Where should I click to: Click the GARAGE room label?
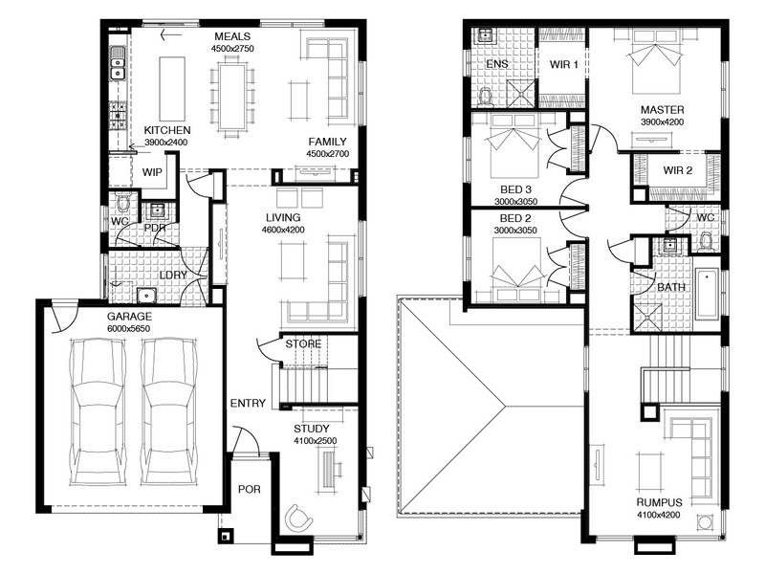[129, 317]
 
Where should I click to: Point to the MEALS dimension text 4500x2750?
[232, 49]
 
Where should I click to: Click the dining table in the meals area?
[232, 94]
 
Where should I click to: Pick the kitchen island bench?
[172, 88]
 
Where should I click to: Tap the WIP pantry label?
[152, 172]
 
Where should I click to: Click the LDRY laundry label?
[173, 276]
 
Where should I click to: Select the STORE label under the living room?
[303, 344]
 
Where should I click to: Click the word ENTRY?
[248, 403]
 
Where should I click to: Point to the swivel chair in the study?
[298, 518]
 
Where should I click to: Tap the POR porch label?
[250, 489]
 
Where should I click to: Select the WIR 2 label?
[678, 170]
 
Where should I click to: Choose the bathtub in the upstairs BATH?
[708, 295]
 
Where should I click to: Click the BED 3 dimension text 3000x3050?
[515, 202]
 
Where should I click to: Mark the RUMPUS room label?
[659, 503]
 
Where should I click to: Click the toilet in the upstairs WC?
[706, 243]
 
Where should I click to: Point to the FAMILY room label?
[327, 142]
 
